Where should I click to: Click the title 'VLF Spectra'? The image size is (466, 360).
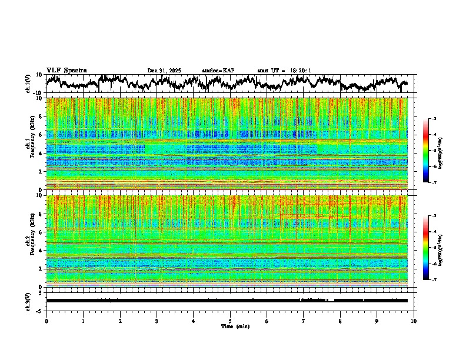coord(66,71)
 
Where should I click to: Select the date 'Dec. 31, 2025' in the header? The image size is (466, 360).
coord(164,71)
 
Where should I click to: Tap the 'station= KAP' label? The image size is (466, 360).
coord(218,71)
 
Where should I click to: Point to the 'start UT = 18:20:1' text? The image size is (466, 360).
coord(284,71)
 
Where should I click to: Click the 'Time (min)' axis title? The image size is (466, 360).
coord(235,326)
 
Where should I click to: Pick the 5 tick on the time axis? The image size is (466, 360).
coord(230,321)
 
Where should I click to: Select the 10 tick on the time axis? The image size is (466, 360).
coord(414,321)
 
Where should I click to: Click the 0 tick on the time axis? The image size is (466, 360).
coord(46,321)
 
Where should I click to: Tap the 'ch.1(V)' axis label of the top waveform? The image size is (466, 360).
coord(28,84)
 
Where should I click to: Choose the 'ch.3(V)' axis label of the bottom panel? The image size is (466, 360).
coord(28,300)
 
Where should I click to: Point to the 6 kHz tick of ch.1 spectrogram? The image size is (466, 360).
coord(42,135)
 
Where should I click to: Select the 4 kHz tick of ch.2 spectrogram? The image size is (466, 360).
coord(42,250)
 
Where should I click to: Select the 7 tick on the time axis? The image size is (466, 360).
coord(304,321)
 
